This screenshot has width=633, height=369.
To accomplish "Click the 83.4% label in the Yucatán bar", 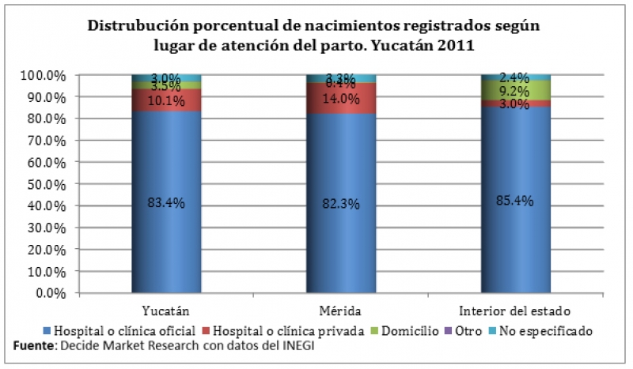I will pos(166,203).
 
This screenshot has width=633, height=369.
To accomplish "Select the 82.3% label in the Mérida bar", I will pos(342,204).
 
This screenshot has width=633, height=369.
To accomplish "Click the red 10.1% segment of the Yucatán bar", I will pos(166,100).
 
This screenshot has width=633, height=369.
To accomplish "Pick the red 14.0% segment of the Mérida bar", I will pos(342,99).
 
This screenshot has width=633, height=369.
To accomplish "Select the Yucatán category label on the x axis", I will pos(165,308).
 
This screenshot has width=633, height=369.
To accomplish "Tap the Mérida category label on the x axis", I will pos(342,308).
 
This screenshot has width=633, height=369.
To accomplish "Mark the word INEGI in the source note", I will pos(275,345).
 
